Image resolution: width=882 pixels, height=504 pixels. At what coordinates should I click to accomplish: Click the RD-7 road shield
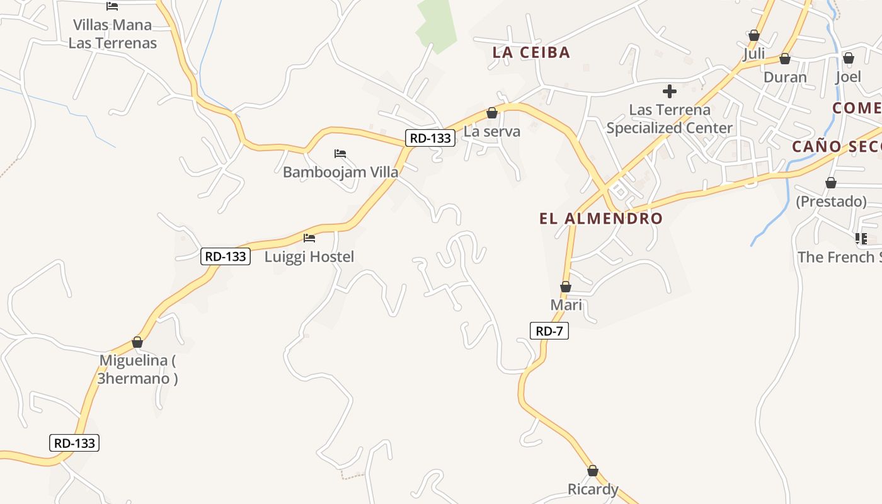click(549, 331)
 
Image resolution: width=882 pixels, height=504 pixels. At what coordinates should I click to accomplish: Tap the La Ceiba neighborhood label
click(531, 52)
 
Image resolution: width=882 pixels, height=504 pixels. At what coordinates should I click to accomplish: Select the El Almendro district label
click(601, 219)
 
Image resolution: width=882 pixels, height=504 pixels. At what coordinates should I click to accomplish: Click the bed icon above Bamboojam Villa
click(340, 154)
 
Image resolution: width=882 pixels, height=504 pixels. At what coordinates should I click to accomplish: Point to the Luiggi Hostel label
click(309, 256)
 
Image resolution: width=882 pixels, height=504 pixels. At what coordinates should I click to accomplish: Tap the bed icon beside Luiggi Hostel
click(309, 238)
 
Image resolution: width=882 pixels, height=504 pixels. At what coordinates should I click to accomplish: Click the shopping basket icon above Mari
click(566, 287)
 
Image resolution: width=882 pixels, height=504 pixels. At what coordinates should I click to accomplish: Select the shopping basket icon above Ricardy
click(593, 471)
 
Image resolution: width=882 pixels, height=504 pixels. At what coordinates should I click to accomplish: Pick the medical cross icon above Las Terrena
click(670, 91)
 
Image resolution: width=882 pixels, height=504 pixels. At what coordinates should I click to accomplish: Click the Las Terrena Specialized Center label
click(670, 118)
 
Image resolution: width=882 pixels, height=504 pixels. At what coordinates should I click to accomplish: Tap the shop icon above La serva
click(492, 113)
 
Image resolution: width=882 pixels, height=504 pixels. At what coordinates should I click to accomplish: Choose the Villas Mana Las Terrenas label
click(113, 34)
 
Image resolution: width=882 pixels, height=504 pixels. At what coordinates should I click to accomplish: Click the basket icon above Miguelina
click(137, 342)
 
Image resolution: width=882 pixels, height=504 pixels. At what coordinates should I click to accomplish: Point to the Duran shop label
click(785, 77)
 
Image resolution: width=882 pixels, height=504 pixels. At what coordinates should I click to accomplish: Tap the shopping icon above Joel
click(849, 58)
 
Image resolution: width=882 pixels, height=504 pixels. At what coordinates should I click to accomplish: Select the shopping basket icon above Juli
click(754, 35)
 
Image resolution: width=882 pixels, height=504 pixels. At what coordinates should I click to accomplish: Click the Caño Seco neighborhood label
click(835, 147)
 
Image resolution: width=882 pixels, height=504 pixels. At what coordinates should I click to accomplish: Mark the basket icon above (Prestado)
click(831, 183)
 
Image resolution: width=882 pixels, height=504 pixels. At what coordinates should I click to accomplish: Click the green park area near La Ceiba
click(437, 25)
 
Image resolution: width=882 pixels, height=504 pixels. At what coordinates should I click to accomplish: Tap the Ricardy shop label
click(593, 490)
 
